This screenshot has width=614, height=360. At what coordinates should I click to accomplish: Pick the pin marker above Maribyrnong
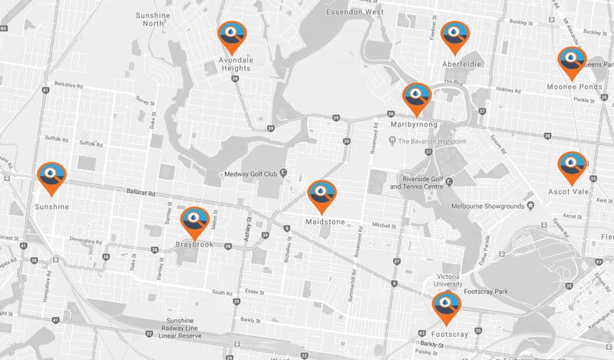(x=417, y=97)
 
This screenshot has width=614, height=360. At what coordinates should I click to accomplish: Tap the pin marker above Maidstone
(x=322, y=195)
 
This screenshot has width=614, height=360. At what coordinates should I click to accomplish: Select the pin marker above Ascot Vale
(x=572, y=166)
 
